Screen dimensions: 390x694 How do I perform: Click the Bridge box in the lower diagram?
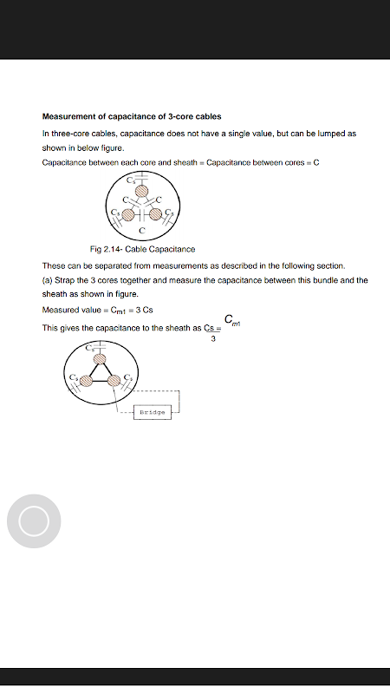pos(153,412)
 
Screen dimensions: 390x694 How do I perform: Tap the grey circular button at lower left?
pos(34,521)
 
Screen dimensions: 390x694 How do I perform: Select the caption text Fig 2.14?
pos(106,249)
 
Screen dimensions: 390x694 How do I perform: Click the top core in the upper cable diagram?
pos(141,191)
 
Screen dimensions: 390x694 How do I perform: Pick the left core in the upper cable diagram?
pos(127,214)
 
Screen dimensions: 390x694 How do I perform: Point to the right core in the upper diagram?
pos(156,214)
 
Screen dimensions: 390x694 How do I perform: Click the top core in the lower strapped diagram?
pos(101,358)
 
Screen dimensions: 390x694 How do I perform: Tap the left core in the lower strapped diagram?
pos(86,380)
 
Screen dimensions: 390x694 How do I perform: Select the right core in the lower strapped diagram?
pos(114,380)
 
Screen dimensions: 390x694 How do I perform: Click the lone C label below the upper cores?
pos(141,231)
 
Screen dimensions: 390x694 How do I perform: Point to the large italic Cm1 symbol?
pos(232,320)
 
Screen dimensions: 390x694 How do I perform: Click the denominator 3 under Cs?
pos(213,339)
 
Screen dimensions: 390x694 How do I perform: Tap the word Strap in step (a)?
pos(66,280)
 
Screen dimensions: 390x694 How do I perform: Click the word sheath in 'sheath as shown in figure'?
pos(54,294)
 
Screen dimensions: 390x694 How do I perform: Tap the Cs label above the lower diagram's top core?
pos(90,348)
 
